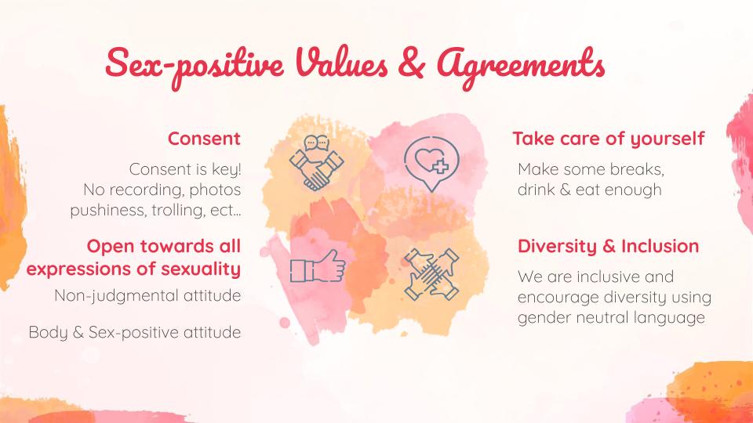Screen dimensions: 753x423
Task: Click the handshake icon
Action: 316,163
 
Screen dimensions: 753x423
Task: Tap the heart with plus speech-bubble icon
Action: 431,163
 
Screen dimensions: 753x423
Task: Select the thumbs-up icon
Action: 318,266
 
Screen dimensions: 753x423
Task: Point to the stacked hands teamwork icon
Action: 431,274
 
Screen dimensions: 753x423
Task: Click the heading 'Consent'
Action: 204,139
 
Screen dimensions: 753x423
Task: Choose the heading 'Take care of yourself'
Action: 609,139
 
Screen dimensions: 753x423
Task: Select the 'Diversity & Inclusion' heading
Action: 609,246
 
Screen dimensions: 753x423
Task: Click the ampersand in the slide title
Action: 412,63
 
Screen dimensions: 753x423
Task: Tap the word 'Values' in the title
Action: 341,63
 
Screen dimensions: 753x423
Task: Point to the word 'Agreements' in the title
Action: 521,66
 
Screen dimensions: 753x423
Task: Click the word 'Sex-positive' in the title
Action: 195,66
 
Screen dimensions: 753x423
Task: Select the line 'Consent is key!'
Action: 185,169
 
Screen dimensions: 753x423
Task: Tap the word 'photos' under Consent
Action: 215,190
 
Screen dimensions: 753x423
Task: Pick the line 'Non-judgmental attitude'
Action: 147,295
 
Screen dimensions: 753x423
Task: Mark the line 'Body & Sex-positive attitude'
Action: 134,332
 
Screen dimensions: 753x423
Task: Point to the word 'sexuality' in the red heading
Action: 201,269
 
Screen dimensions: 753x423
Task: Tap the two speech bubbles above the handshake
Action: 316,143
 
